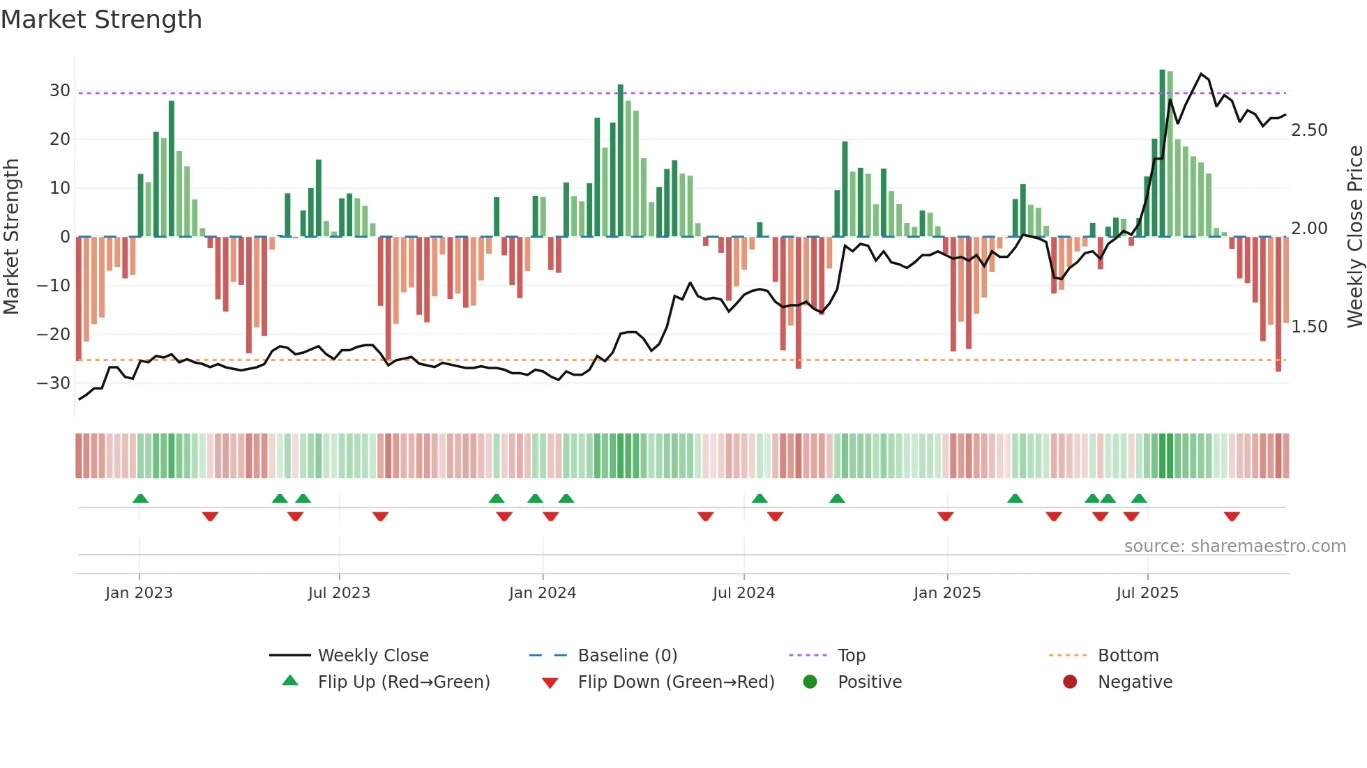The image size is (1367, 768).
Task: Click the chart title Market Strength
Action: [101, 20]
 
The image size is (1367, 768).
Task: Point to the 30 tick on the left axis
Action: [60, 91]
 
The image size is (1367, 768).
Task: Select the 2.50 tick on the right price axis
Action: [1309, 130]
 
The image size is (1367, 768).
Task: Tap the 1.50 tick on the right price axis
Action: [1309, 327]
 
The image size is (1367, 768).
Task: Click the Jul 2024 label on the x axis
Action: [743, 593]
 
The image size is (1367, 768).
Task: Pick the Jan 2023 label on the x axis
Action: [139, 593]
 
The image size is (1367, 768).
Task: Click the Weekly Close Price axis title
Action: [1354, 237]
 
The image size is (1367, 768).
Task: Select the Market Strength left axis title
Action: [11, 237]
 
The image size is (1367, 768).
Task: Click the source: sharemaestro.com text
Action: [1234, 546]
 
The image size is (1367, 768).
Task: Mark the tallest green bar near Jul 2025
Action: [1163, 153]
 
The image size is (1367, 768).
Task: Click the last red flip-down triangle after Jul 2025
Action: [1232, 516]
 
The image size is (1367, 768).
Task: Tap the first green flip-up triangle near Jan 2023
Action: [140, 498]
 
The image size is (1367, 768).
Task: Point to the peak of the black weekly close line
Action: [1201, 74]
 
